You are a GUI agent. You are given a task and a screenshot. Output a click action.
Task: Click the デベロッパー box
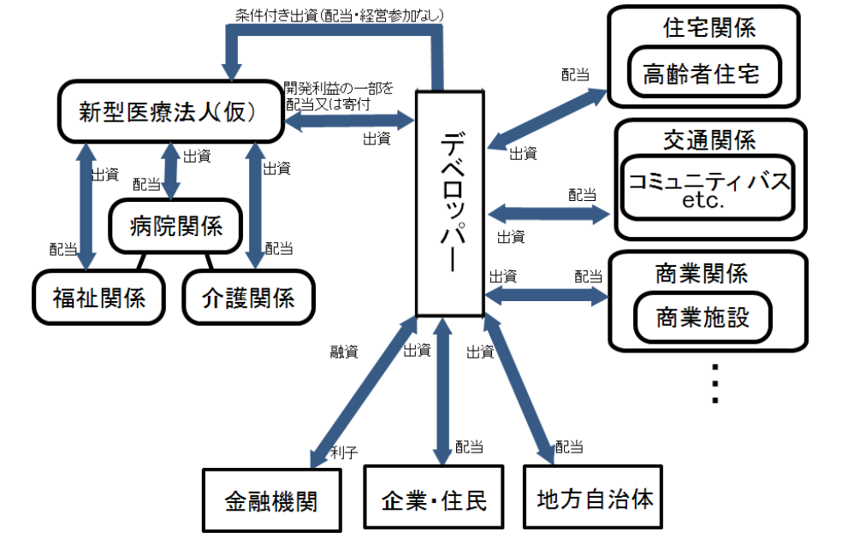450,202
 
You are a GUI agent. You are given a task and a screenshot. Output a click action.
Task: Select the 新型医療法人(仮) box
171,111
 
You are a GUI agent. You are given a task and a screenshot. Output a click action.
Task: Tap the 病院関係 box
176,226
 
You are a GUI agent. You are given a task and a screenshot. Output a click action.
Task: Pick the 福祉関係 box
98,297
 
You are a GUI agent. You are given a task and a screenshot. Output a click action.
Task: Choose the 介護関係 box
249,297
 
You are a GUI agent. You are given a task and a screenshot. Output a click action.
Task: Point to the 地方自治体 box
596,498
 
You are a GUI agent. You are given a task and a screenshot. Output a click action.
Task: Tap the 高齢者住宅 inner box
701,72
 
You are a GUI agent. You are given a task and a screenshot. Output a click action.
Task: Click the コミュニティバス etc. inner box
708,190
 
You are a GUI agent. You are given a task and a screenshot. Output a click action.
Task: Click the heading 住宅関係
709,27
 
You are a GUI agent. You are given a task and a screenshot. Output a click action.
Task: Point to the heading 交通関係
709,139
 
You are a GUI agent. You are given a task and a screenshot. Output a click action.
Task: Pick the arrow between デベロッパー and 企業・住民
442,389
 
